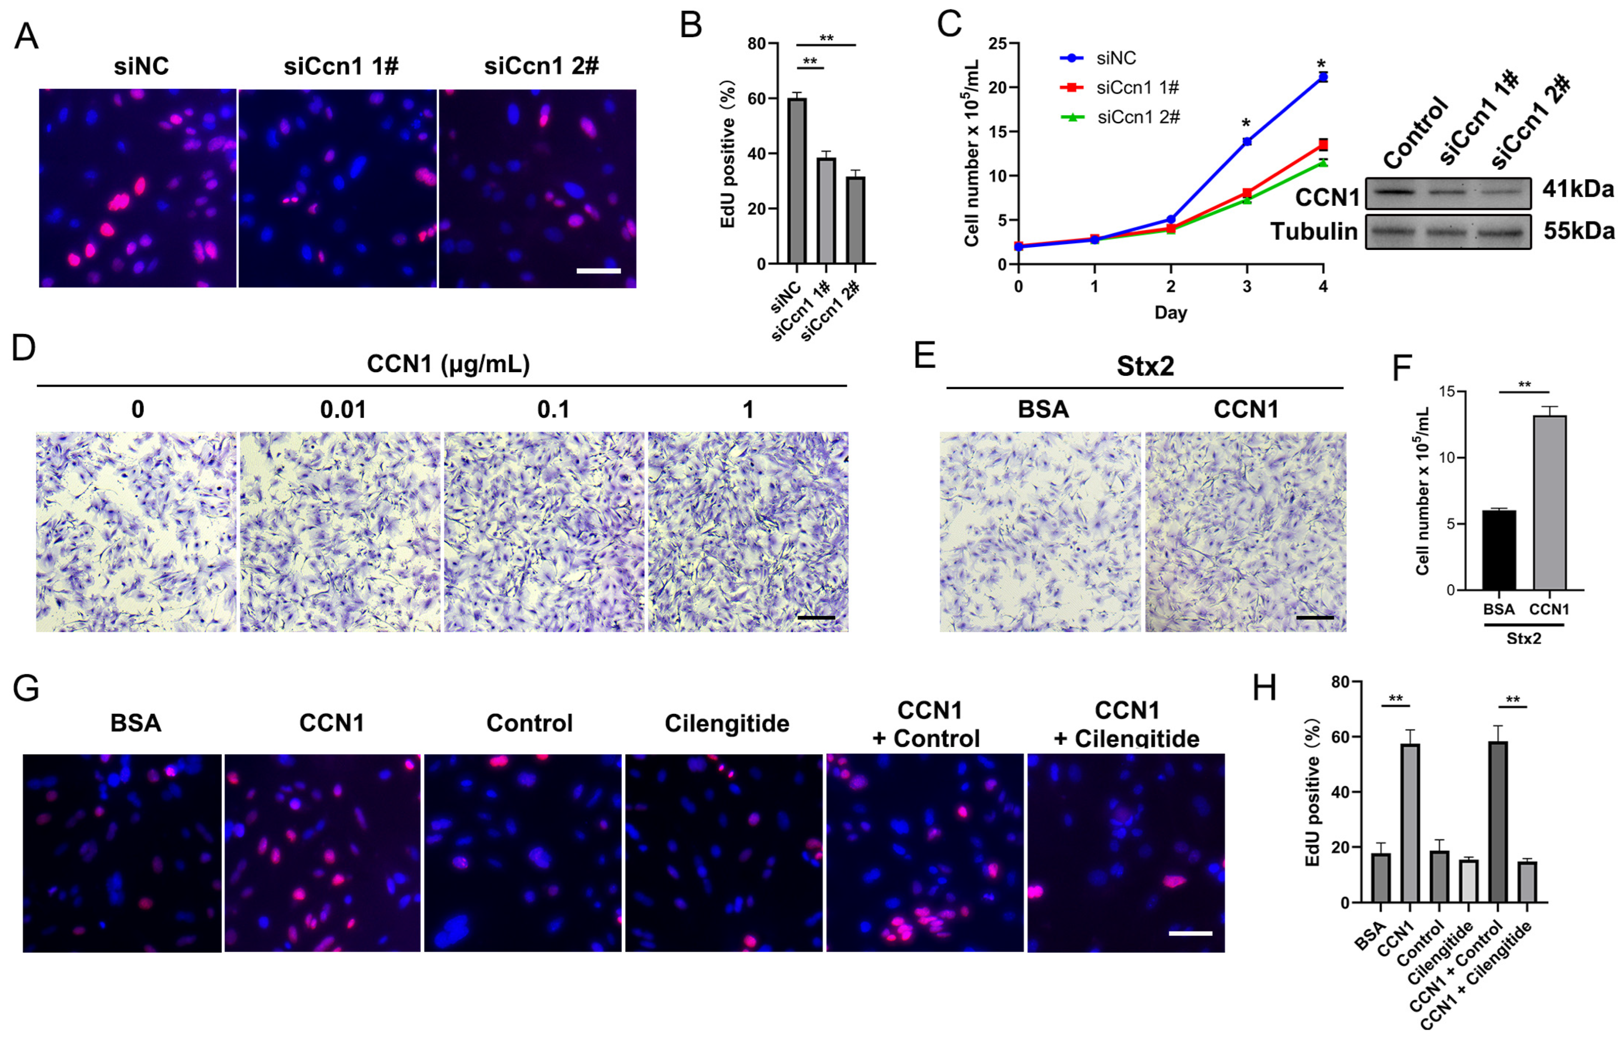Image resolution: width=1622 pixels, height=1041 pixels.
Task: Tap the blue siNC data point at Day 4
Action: click(1322, 78)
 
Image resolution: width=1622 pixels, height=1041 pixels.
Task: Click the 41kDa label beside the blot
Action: click(1577, 189)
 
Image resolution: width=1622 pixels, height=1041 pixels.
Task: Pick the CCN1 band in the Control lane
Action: click(1394, 192)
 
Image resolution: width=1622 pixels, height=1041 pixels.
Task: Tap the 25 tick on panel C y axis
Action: click(997, 44)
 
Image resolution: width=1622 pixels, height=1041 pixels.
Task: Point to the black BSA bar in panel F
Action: click(1499, 550)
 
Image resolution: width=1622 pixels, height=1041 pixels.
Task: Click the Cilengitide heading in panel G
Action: click(726, 724)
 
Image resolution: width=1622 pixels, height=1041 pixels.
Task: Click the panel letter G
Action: click(26, 689)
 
